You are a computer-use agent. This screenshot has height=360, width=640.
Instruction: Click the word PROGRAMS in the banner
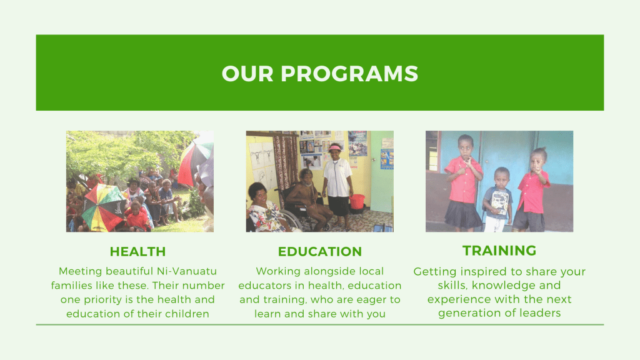tap(349, 74)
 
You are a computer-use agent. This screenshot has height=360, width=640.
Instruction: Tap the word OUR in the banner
tap(247, 74)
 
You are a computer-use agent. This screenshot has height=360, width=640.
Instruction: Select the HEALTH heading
tap(138, 251)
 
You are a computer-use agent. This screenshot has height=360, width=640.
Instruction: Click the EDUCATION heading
tap(320, 251)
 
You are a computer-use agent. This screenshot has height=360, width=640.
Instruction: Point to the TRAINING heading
tap(499, 250)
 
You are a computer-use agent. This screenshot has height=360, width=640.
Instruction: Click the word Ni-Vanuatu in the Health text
tap(187, 271)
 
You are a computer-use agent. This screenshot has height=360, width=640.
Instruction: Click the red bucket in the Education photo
tap(357, 201)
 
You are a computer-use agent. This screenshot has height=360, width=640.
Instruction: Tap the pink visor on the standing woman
tap(336, 147)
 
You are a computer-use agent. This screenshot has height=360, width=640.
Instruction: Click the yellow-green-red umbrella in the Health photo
tap(104, 207)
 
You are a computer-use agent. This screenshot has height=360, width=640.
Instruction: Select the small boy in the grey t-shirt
tap(497, 199)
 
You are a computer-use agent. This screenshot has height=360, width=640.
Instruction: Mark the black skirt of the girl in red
tap(463, 214)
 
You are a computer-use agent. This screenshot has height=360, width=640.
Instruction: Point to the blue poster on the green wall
tap(386, 159)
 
